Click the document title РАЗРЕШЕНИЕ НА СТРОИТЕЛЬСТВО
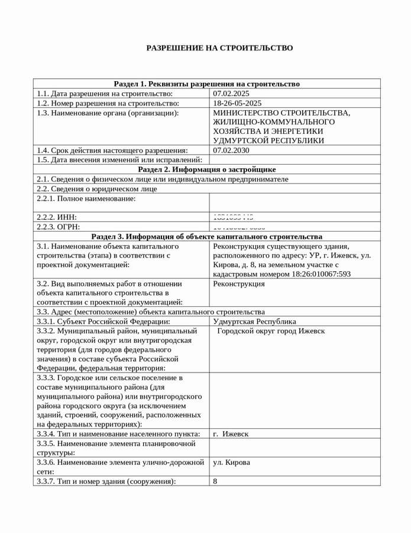219,48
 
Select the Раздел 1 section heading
206,84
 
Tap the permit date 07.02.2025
231,94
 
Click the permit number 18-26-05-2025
237,103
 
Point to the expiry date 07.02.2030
231,150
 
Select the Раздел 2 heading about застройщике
206,169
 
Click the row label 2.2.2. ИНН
57,217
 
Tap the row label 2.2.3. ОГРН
58,227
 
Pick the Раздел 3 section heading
206,236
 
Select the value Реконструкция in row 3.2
239,284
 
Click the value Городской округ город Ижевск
271,331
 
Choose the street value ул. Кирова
231,463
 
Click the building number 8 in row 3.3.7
215,481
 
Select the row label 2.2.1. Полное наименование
86,198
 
